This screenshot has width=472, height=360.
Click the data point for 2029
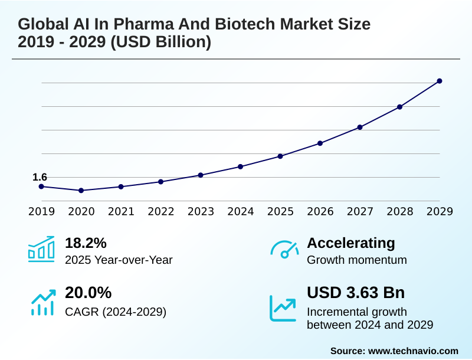tap(440, 81)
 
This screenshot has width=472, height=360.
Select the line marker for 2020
tap(81, 191)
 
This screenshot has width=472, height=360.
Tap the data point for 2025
tap(280, 156)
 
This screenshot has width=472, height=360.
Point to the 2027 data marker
tap(360, 127)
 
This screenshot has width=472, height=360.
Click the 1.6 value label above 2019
tap(40, 177)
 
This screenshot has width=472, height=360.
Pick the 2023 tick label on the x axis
tap(201, 212)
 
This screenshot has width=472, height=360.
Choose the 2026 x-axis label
tap(320, 212)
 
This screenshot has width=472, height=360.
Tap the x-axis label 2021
tap(121, 212)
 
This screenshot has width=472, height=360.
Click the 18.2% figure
tap(86, 243)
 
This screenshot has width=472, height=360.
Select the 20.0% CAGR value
tap(88, 293)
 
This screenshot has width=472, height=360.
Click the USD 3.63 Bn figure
tap(356, 293)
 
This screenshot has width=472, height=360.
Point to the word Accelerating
tap(351, 243)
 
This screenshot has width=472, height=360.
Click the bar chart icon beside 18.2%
tap(41, 248)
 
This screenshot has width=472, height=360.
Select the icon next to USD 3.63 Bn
tap(283, 307)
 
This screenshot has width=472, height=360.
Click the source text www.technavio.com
tap(413, 351)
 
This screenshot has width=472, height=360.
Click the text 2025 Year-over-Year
tap(119, 260)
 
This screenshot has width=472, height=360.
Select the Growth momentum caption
tap(357, 260)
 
